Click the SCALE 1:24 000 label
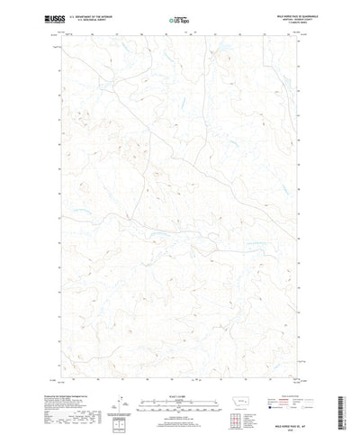tap(179, 367)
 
